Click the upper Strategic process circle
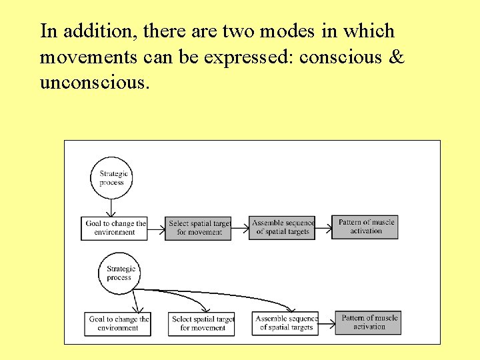pyautogui.click(x=112, y=178)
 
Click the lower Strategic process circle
pyautogui.click(x=119, y=273)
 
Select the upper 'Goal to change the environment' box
pyautogui.click(x=115, y=228)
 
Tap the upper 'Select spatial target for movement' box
pyautogui.click(x=198, y=228)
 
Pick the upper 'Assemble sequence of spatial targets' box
pyautogui.click(x=282, y=227)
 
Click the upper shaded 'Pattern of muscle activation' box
pyautogui.click(x=365, y=227)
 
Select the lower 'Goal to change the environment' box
pyautogui.click(x=118, y=323)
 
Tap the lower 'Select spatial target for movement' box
pyautogui.click(x=202, y=323)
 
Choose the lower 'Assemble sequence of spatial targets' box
pyautogui.click(x=285, y=323)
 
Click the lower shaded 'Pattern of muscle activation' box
pyautogui.click(x=369, y=323)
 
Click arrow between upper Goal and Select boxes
pyautogui.click(x=156, y=229)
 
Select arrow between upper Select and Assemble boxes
pyautogui.click(x=240, y=228)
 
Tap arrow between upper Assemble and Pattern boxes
pyautogui.click(x=323, y=228)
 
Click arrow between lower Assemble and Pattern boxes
pyautogui.click(x=327, y=323)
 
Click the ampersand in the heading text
pyautogui.click(x=396, y=58)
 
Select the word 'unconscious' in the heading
pyautogui.click(x=92, y=83)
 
